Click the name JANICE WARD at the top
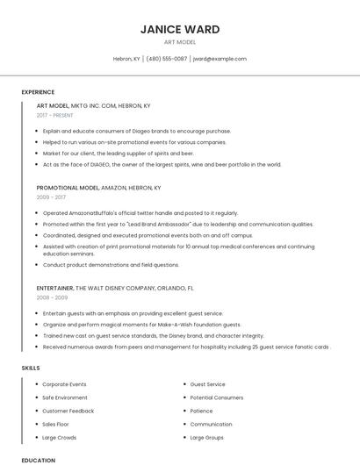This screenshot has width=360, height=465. [180, 30]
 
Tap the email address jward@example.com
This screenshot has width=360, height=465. [219, 59]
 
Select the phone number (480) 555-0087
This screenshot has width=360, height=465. [167, 59]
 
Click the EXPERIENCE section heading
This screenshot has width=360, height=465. [38, 92]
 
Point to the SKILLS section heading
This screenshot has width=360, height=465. [31, 368]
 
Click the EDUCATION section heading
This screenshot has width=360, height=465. [38, 460]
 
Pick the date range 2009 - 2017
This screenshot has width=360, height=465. [50, 197]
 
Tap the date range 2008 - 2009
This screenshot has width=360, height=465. [50, 297]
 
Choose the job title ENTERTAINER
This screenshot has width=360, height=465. [55, 288]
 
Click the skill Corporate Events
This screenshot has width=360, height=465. [64, 384]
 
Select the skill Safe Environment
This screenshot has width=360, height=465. [65, 397]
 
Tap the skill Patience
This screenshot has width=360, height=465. [201, 411]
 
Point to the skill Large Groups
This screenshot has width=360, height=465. [207, 437]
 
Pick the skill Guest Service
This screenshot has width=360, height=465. [207, 384]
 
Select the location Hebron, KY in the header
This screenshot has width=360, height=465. [126, 59]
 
